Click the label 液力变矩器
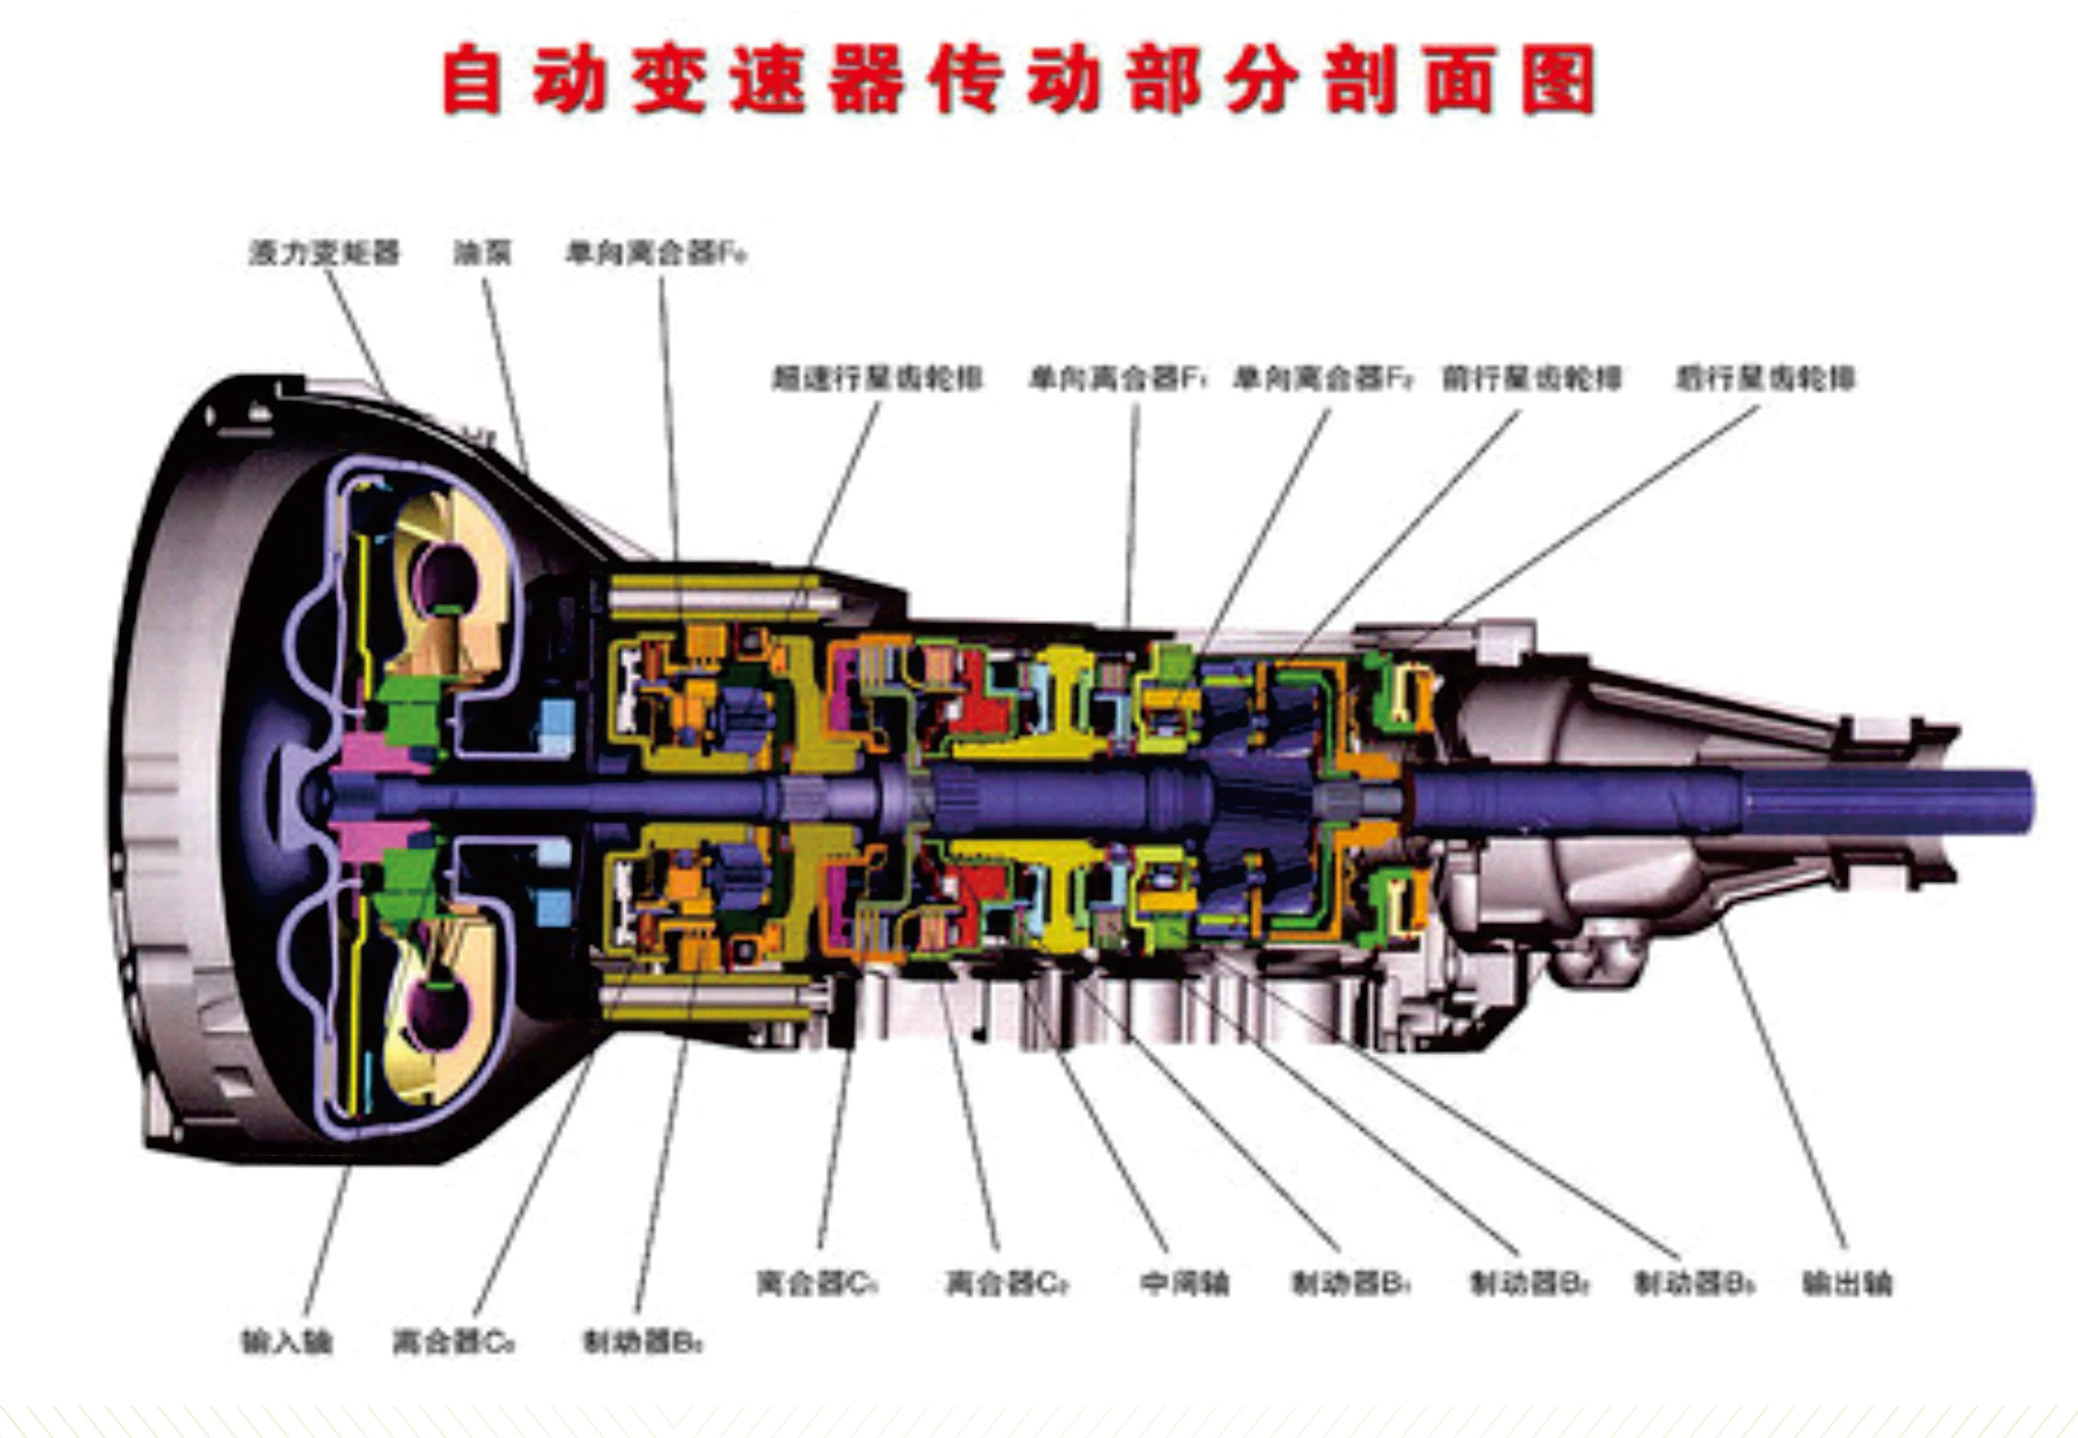point(325,252)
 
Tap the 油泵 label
point(482,252)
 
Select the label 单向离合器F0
point(656,252)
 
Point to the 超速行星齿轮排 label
point(877,377)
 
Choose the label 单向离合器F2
point(1323,377)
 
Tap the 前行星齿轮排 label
point(1532,377)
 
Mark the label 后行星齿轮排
point(1765,377)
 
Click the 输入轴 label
point(287,1342)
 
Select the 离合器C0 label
point(453,1342)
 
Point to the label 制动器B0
point(643,1342)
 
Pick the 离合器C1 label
point(817,1282)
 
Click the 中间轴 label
point(1184,1282)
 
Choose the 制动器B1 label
point(1350,1282)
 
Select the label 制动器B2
point(1529,1282)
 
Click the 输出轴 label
point(1847,1282)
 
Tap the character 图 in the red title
point(1559,81)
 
